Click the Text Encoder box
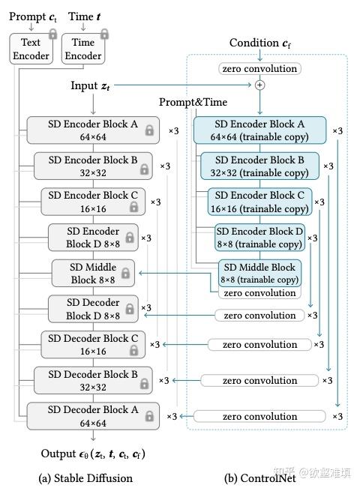30,49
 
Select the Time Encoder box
82,49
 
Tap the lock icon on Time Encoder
104,34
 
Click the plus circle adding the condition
260,85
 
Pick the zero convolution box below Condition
259,69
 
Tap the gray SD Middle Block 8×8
94,274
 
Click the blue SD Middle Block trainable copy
259,274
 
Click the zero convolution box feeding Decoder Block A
259,415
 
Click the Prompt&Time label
193,102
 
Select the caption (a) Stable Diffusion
85,478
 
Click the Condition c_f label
259,43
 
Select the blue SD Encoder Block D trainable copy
259,238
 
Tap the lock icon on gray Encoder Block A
149,131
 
